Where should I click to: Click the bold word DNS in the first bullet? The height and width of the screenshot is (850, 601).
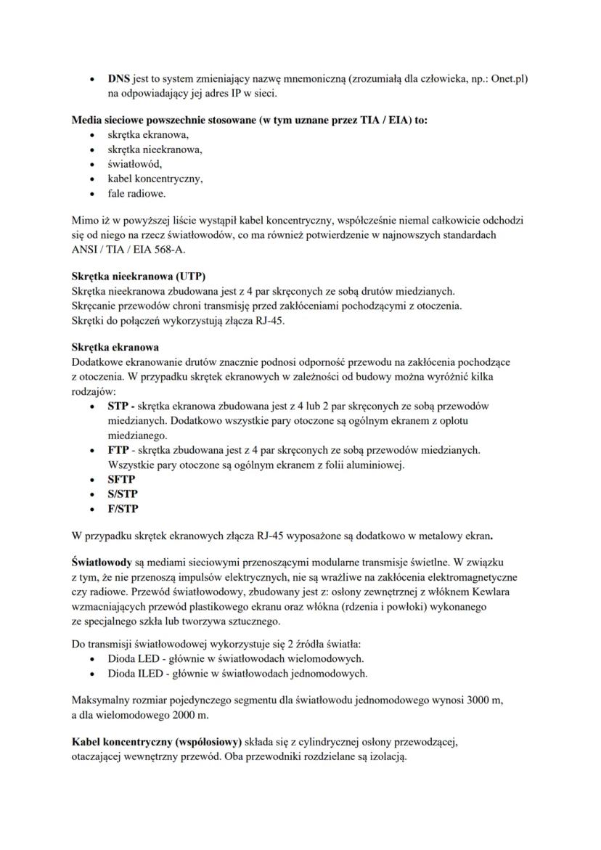coord(119,78)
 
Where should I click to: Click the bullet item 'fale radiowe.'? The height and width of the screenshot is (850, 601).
coord(136,194)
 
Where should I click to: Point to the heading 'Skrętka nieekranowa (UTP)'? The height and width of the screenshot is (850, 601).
coord(139,277)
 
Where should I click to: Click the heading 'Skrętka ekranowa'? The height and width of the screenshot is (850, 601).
coord(115,347)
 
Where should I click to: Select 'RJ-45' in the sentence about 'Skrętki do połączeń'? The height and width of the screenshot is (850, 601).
coord(269,320)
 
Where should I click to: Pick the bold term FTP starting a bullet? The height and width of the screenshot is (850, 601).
coord(119,451)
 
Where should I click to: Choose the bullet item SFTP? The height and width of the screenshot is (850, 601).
coord(121,480)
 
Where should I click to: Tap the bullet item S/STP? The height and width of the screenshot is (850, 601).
coord(123,494)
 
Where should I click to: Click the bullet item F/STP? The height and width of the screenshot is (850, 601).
coord(123,509)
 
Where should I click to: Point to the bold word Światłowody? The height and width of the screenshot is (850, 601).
coord(102,563)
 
